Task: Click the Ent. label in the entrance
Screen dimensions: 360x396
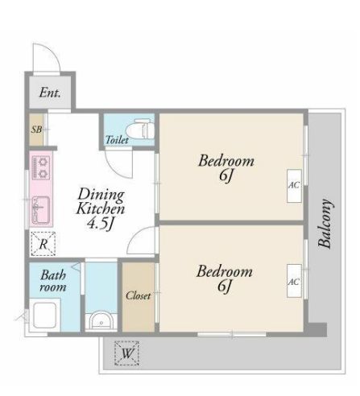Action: click(x=50, y=93)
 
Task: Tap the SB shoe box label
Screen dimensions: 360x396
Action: click(x=36, y=130)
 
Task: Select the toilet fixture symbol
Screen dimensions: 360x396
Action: click(x=140, y=130)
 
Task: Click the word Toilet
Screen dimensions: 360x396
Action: click(x=117, y=139)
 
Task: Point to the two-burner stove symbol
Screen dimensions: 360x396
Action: click(x=41, y=167)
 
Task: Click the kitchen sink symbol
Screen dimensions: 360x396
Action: click(x=41, y=210)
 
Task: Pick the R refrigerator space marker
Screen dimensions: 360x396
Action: click(x=43, y=244)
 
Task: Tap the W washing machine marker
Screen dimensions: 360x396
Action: click(x=126, y=353)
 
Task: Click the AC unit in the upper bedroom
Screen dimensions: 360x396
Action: click(x=294, y=186)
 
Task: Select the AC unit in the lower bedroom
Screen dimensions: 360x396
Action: click(x=294, y=281)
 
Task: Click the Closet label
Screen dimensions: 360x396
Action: click(x=139, y=295)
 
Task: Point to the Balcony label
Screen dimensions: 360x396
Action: click(x=325, y=224)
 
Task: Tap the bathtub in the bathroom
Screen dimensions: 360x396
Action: click(x=44, y=316)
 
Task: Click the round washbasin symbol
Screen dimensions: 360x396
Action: click(x=101, y=320)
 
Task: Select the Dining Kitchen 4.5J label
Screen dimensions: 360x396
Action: click(x=101, y=209)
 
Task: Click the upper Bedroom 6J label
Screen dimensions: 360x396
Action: click(x=226, y=168)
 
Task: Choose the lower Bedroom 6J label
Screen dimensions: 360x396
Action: click(x=225, y=278)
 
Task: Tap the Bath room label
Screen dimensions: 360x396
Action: click(x=53, y=281)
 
